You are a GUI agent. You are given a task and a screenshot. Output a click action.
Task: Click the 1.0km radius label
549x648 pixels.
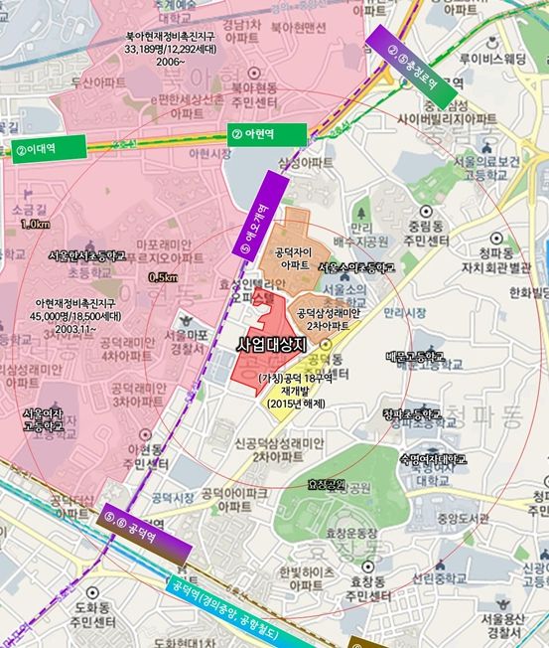click(35, 225)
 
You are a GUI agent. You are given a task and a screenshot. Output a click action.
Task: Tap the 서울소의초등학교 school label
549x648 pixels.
click(356, 268)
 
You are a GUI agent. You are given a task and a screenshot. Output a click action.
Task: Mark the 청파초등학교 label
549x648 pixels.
click(410, 412)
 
